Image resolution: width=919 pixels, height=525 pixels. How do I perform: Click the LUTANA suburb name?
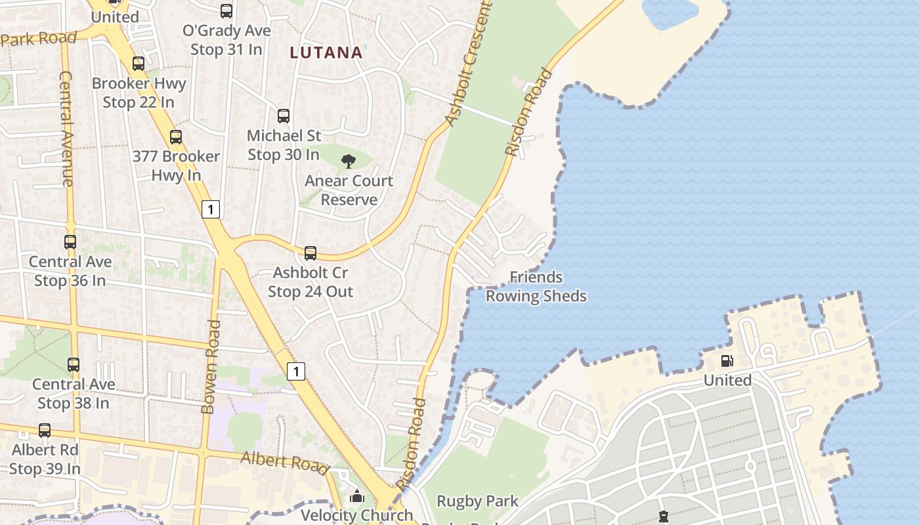(326, 52)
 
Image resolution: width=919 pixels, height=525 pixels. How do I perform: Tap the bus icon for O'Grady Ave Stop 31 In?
(226, 11)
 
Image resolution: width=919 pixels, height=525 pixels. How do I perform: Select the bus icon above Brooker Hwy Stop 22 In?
(139, 64)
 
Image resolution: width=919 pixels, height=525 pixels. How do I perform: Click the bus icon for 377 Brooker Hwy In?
(176, 137)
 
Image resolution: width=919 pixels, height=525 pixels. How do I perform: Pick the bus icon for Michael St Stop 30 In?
(284, 116)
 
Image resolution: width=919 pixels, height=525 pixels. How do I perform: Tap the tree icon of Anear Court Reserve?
(349, 161)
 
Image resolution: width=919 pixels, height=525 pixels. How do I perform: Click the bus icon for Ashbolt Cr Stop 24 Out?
(310, 253)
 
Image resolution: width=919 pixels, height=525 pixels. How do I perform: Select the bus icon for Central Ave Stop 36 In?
(70, 241)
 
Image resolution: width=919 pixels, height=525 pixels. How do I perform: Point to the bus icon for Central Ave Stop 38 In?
(74, 364)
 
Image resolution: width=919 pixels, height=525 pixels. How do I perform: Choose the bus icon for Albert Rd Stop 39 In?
(45, 430)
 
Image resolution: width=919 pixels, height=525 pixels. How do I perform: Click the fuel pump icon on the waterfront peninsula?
(727, 360)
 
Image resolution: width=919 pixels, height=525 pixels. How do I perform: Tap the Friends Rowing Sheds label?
(536, 287)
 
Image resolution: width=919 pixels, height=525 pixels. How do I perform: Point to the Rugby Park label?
(477, 501)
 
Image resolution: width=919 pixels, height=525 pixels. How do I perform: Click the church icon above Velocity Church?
(357, 496)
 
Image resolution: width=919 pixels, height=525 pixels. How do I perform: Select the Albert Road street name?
(284, 462)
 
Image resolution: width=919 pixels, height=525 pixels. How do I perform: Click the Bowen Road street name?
(210, 367)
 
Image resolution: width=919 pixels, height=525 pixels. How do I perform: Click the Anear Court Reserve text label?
(349, 190)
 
